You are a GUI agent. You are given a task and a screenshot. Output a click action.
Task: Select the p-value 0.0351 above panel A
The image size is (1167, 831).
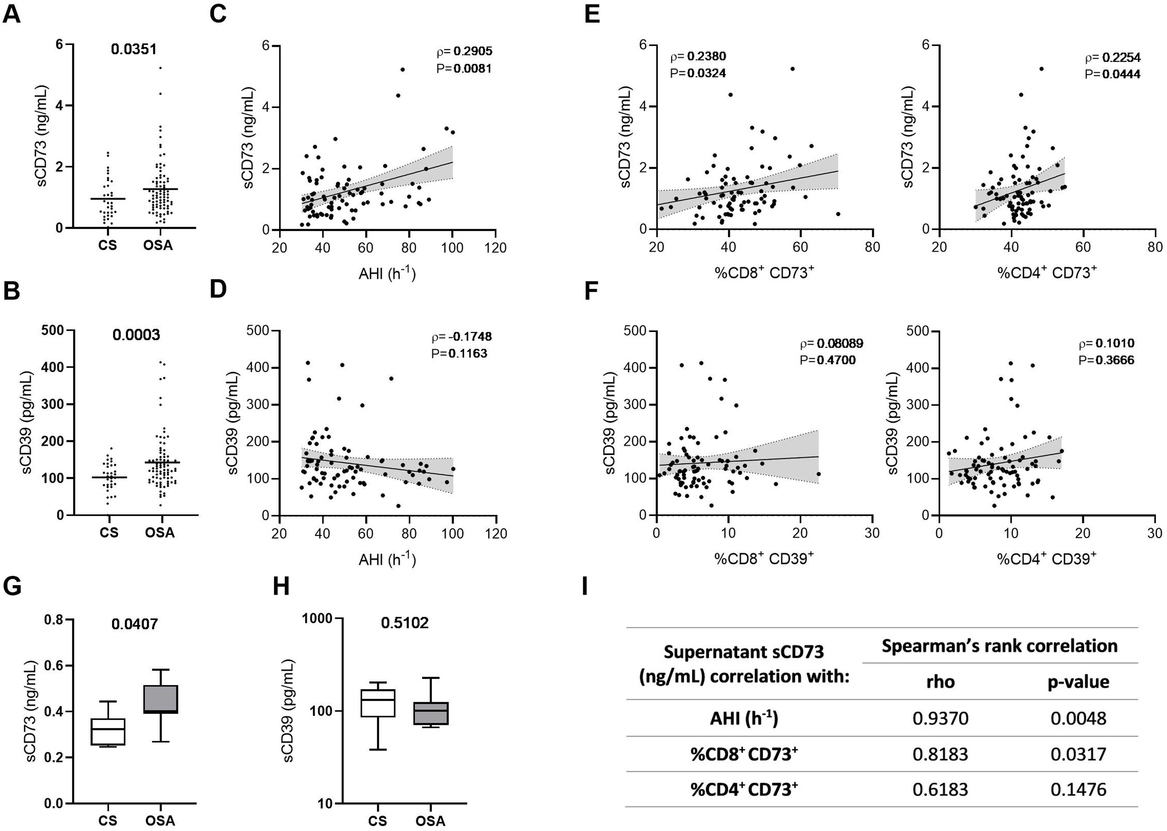click(134, 49)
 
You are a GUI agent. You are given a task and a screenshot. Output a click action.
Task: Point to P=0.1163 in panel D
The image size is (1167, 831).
click(459, 353)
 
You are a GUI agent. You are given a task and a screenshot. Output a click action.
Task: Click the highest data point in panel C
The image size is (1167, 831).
click(403, 70)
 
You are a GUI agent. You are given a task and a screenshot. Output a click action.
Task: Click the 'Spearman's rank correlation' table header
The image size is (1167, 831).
click(999, 646)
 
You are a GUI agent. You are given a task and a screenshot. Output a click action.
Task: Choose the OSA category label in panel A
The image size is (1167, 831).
click(159, 245)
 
